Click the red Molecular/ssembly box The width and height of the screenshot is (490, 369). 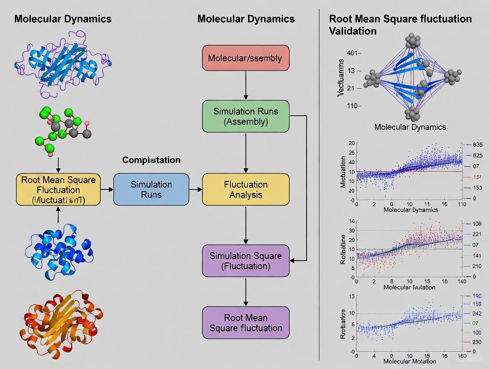(x=245, y=58)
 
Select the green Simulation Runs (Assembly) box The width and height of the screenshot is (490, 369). (x=245, y=117)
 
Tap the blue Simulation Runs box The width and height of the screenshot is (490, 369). (x=151, y=189)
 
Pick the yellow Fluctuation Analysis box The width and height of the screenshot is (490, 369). (x=245, y=189)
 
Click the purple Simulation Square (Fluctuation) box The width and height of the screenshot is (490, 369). (x=245, y=261)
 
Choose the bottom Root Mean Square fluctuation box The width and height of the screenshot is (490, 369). (x=245, y=323)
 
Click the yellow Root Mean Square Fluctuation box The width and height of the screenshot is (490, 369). (x=58, y=189)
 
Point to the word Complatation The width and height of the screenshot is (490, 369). (x=151, y=160)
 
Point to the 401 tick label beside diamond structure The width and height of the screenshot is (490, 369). (x=354, y=53)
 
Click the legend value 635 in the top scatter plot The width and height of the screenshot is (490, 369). (x=478, y=145)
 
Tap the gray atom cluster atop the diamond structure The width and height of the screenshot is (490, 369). (x=412, y=41)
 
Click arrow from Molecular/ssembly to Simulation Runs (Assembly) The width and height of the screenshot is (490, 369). (x=245, y=85)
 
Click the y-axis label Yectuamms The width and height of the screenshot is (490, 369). (x=341, y=79)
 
